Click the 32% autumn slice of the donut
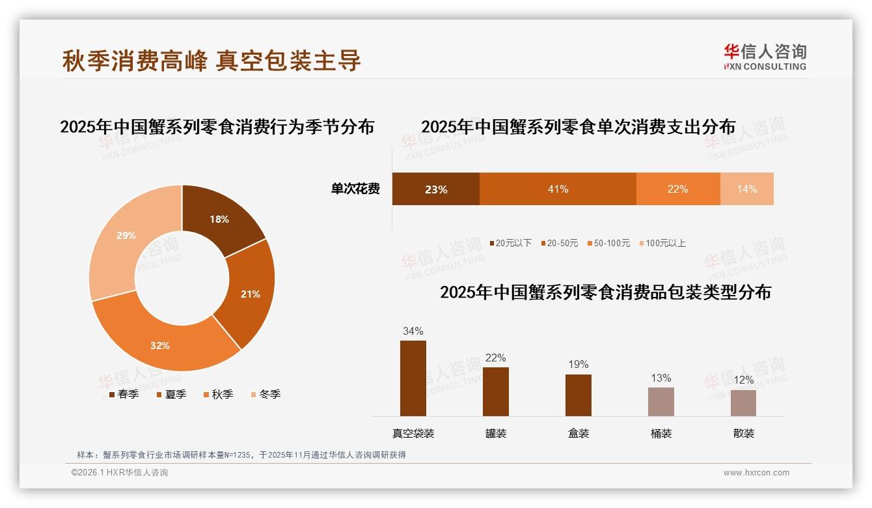(x=163, y=342)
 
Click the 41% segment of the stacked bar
(x=558, y=189)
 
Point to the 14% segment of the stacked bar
(x=747, y=189)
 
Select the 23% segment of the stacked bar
(x=435, y=189)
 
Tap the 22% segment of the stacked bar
(x=677, y=189)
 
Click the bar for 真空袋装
(x=413, y=378)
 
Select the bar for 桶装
(x=661, y=402)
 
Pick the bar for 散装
(x=743, y=403)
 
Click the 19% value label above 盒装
(x=578, y=365)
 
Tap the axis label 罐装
(x=496, y=434)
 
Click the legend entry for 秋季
(x=218, y=395)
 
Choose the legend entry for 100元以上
(x=662, y=244)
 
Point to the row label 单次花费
(x=355, y=189)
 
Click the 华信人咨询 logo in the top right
(x=765, y=57)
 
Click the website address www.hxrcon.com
(x=756, y=473)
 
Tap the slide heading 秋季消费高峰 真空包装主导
(x=211, y=61)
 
